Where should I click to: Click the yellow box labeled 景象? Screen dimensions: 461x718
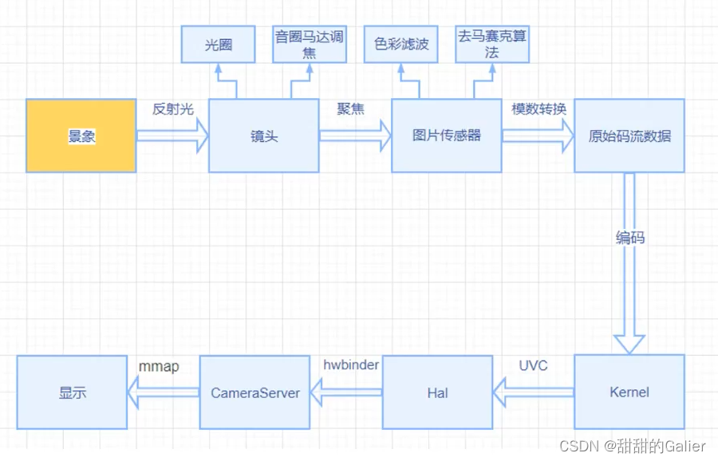tap(81, 136)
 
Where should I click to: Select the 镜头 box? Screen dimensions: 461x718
tap(264, 136)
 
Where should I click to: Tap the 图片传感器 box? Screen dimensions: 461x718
tap(447, 136)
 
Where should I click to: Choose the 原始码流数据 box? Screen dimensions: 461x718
tap(629, 136)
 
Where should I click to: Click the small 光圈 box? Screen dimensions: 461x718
tap(218, 44)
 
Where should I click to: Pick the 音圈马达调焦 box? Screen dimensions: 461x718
tap(310, 44)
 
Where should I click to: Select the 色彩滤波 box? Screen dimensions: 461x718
tap(401, 44)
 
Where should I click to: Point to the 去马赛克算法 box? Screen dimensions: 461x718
tap(492, 44)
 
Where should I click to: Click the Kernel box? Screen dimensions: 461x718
tap(629, 392)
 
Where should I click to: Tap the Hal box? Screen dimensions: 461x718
tap(437, 392)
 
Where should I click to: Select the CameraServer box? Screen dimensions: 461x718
tap(254, 392)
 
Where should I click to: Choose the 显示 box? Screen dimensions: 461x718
tap(72, 392)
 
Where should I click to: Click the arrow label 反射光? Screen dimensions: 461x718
tap(173, 109)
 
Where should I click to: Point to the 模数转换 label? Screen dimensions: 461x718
tap(538, 109)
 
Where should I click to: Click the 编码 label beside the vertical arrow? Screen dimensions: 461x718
tap(630, 238)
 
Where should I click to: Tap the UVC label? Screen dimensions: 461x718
tap(533, 365)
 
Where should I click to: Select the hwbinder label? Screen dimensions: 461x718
tap(351, 365)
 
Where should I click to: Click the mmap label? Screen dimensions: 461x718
tap(159, 365)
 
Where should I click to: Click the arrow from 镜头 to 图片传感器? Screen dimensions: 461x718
tap(355, 136)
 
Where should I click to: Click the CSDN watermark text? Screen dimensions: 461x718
tap(633, 446)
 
